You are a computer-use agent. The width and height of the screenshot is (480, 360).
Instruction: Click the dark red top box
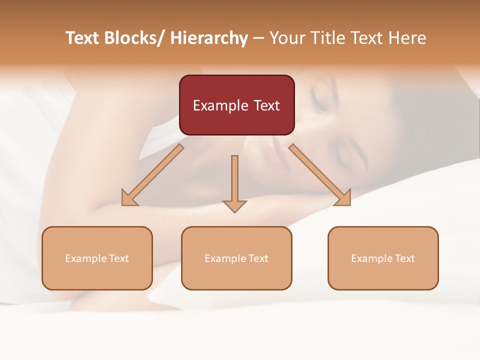[236, 105]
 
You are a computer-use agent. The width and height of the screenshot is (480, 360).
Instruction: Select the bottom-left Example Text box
[97, 258]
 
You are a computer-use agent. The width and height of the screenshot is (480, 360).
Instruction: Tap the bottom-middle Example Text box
[236, 258]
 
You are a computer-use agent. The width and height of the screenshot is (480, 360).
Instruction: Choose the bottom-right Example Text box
[383, 258]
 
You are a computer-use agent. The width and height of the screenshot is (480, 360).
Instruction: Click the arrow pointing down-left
[152, 175]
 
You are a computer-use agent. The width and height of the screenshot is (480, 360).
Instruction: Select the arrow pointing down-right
[320, 175]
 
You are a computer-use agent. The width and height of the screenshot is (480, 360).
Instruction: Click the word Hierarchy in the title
[209, 38]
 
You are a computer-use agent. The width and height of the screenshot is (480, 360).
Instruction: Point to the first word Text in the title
[83, 38]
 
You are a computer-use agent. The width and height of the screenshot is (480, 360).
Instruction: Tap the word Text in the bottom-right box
[404, 258]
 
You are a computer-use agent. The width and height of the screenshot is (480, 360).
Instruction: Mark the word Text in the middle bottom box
[257, 258]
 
